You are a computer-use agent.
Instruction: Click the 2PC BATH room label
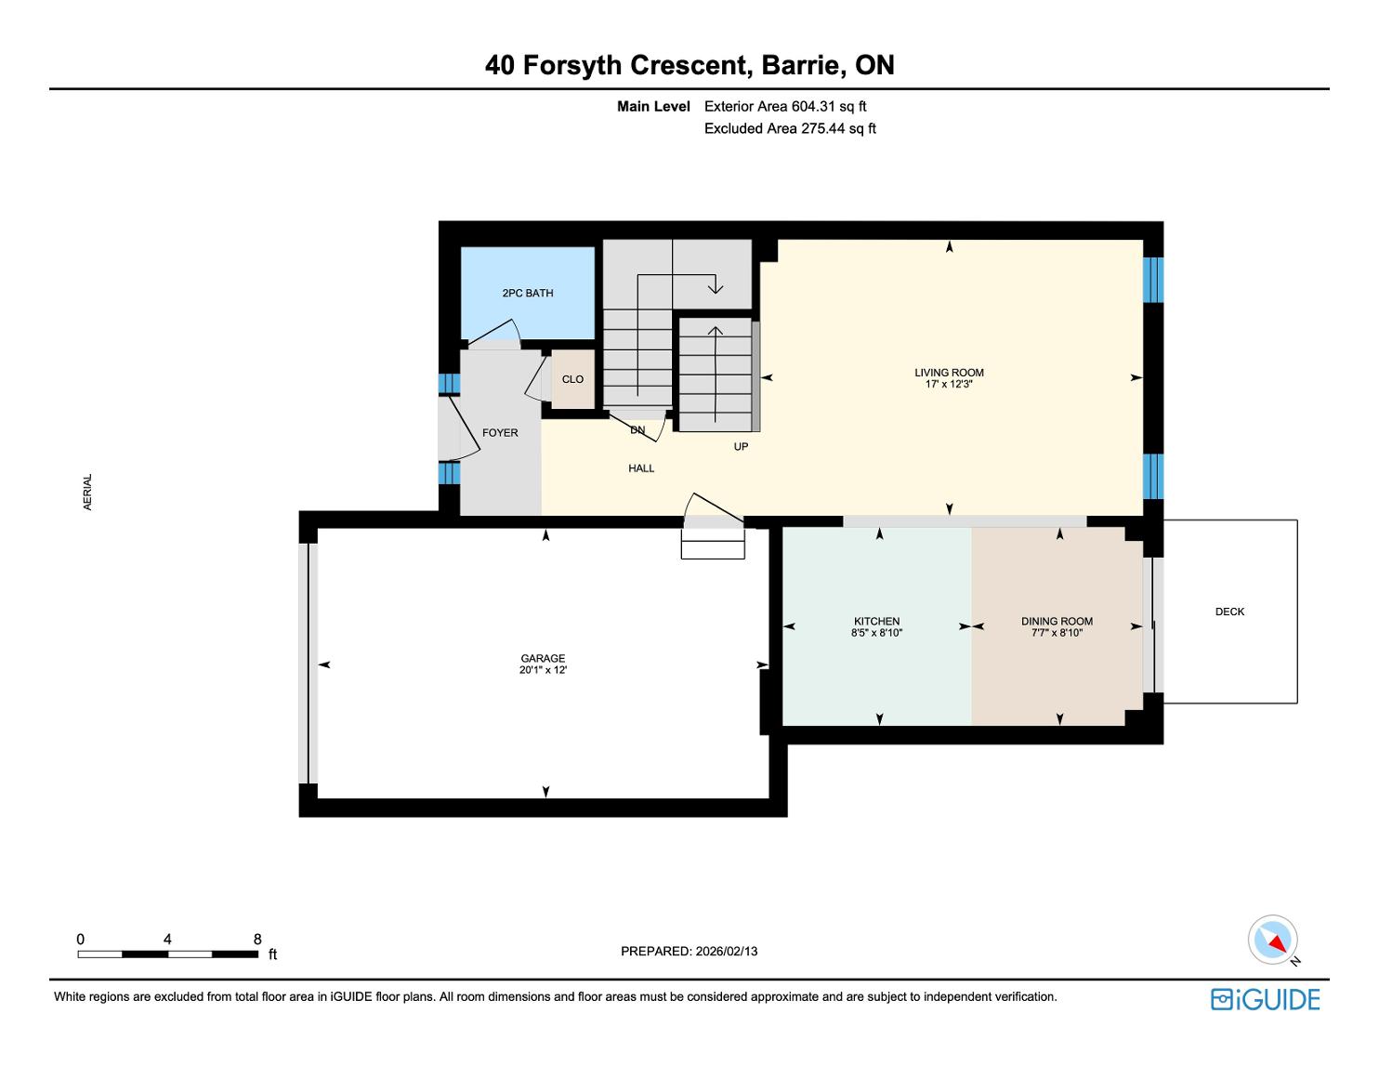(x=528, y=293)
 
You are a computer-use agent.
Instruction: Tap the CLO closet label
(x=572, y=379)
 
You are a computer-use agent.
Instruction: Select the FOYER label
(x=500, y=433)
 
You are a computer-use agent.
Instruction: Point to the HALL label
(x=641, y=468)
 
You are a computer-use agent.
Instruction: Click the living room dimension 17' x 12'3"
(x=949, y=384)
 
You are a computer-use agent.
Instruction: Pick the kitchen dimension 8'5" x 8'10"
(x=876, y=633)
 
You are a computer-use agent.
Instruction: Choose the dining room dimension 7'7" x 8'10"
(x=1057, y=633)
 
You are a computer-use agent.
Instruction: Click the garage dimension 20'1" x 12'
(x=543, y=670)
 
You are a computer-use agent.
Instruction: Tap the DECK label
(x=1229, y=612)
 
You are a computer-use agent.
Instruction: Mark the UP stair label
(x=741, y=447)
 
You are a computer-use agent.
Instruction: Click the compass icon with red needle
(x=1272, y=940)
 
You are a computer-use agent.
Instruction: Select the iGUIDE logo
(x=1265, y=999)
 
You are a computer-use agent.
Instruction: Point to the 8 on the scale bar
(x=257, y=939)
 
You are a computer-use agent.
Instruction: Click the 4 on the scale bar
(x=167, y=939)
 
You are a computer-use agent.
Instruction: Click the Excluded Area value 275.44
(x=823, y=129)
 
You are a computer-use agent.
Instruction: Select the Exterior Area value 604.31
(x=814, y=107)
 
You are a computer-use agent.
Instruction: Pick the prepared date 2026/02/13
(x=727, y=951)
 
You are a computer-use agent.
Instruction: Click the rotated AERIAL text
(x=87, y=492)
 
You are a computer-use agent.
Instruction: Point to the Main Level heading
(x=653, y=107)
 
